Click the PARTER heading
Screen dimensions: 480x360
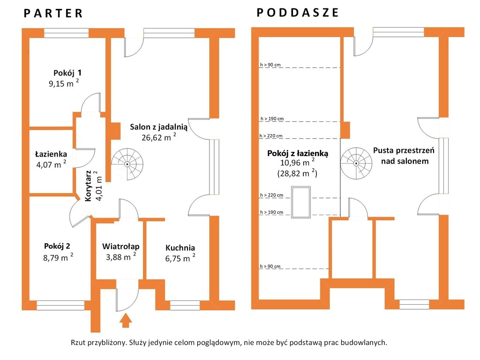click(x=53, y=13)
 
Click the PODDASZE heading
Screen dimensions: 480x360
click(x=298, y=13)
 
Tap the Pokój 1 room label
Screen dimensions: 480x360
click(x=67, y=73)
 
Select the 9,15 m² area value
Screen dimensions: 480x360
click(x=64, y=83)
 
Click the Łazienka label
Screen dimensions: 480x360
click(x=51, y=154)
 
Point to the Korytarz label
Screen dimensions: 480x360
click(x=88, y=186)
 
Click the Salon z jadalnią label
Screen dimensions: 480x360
click(x=158, y=127)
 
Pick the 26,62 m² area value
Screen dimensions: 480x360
click(x=158, y=137)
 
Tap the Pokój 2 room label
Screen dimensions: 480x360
click(x=57, y=246)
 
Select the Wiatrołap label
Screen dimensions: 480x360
click(x=120, y=247)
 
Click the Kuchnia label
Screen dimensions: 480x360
click(x=180, y=247)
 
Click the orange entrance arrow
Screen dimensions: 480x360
click(x=125, y=321)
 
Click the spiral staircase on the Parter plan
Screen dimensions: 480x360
click(x=127, y=165)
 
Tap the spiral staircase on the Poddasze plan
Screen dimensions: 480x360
click(x=356, y=164)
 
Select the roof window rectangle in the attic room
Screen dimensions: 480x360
click(x=301, y=202)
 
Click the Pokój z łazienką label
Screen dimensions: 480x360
click(x=298, y=153)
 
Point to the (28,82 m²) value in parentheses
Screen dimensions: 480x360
click(x=297, y=173)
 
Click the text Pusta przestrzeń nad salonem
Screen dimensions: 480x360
click(x=404, y=156)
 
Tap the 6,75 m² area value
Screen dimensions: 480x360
click(x=180, y=258)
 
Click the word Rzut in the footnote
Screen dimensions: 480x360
click(x=78, y=343)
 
